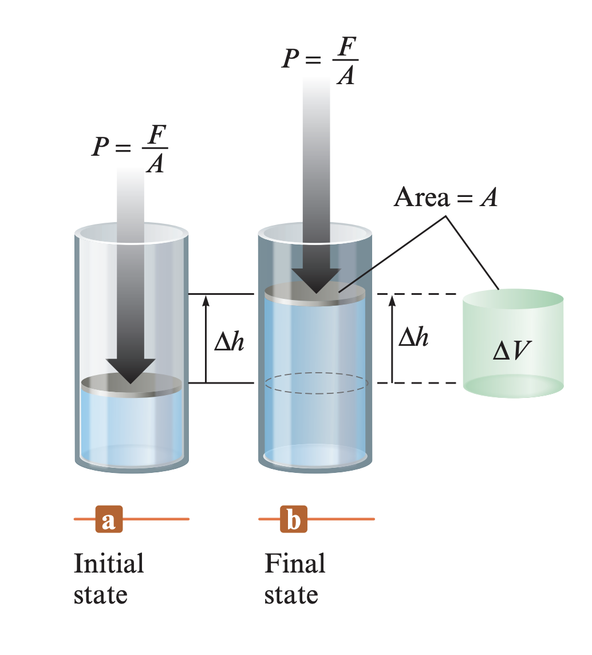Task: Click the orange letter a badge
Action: tap(108, 519)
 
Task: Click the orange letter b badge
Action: tap(293, 519)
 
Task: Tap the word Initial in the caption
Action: tap(109, 563)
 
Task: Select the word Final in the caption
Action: tap(295, 563)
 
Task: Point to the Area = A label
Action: tap(445, 198)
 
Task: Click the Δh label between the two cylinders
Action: tap(230, 342)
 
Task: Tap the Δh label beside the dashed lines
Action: tap(413, 338)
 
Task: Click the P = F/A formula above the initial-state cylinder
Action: tap(131, 148)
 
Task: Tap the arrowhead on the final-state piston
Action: tap(315, 280)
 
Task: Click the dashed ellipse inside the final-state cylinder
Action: tap(317, 383)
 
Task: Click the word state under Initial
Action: tap(100, 594)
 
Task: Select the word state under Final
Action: tap(291, 594)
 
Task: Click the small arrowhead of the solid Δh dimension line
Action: tap(206, 299)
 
